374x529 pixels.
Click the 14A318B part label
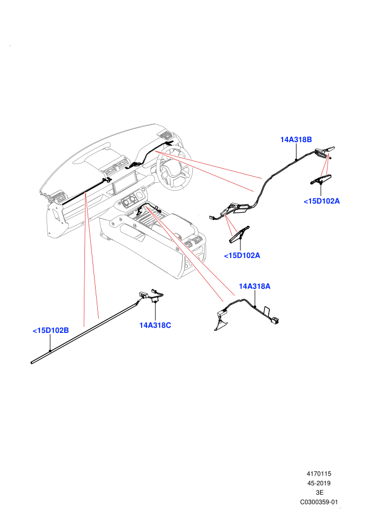point(296,139)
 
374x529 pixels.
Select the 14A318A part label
point(255,286)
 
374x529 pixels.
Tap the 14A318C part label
point(155,325)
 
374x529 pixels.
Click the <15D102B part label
point(51,330)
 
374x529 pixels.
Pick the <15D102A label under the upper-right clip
point(322,201)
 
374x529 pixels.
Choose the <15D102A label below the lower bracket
point(242,255)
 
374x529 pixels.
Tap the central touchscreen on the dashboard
point(124,182)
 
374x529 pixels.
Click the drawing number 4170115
point(318,473)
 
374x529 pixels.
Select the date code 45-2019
point(318,483)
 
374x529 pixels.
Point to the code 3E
point(320,493)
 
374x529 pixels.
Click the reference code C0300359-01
point(318,502)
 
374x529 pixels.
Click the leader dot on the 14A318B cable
point(296,159)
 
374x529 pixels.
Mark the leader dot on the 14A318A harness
point(255,307)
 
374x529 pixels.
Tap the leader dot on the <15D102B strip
point(50,351)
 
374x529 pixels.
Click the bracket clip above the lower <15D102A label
point(239,234)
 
